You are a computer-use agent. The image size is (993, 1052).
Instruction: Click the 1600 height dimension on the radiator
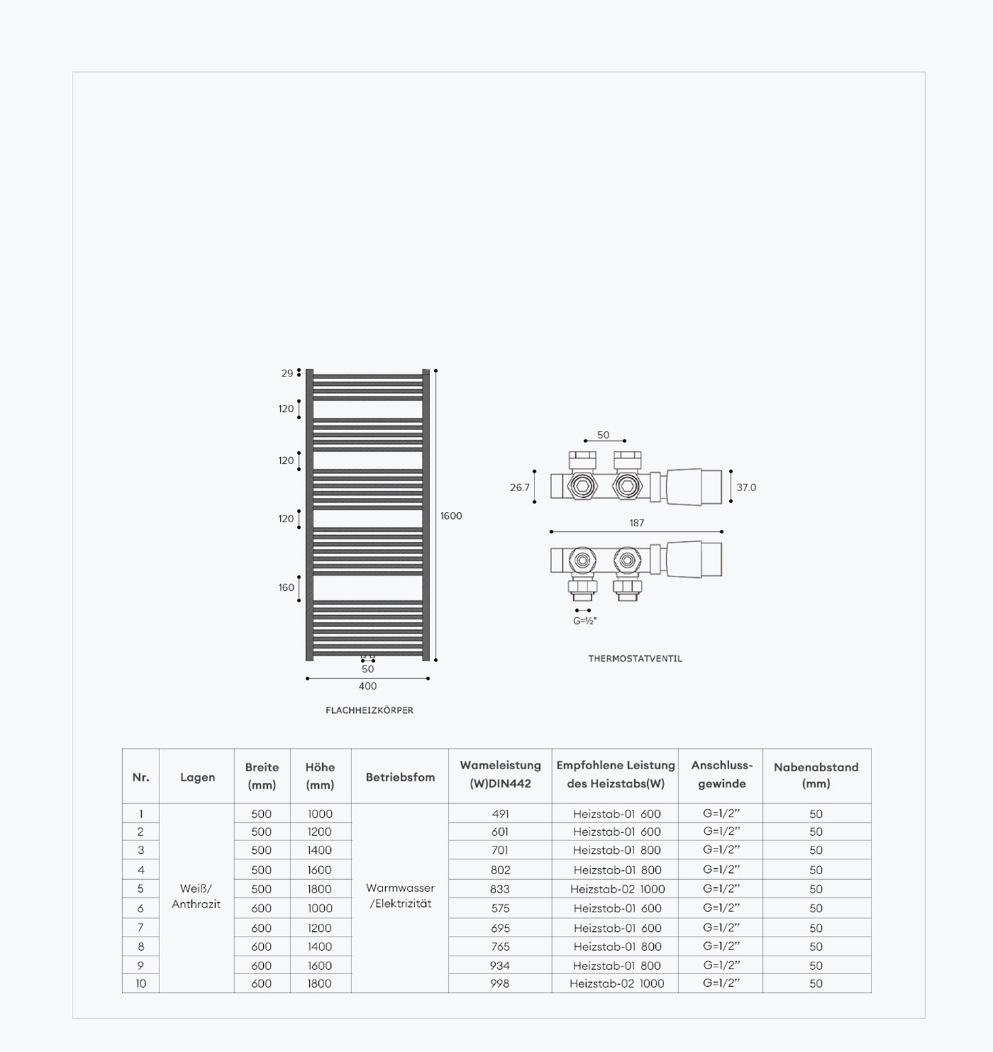tap(451, 516)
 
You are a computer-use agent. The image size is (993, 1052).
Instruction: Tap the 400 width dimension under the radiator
tap(368, 686)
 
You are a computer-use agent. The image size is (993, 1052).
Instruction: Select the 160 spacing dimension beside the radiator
tap(286, 588)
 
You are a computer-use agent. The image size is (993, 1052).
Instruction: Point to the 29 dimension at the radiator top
tap(288, 374)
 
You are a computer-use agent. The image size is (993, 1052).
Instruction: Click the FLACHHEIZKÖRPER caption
tap(370, 711)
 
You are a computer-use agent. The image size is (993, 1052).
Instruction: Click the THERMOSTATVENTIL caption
tap(636, 659)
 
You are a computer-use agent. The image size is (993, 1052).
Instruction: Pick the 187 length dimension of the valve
tap(636, 523)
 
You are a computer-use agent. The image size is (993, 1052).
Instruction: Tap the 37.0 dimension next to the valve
tap(746, 488)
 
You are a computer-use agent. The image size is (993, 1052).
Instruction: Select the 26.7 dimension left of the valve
tap(520, 488)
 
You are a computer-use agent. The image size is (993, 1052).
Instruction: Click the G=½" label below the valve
tap(585, 621)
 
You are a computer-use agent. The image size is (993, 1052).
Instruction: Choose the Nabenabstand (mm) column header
tap(816, 775)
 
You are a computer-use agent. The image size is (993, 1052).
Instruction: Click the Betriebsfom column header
tap(400, 777)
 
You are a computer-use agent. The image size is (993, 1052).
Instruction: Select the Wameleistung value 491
tap(501, 814)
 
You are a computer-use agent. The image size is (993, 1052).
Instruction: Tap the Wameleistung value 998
tap(500, 983)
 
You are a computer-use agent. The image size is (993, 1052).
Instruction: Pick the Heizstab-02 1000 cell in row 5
tap(617, 889)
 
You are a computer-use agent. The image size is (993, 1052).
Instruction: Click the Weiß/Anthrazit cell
tap(196, 896)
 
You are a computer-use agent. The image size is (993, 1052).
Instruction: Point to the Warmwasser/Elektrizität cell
tap(400, 896)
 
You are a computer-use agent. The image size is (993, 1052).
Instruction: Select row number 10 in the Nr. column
tap(140, 983)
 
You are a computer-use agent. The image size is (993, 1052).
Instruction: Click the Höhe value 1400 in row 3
tap(319, 851)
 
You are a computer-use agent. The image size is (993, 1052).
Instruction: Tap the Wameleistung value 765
tap(500, 947)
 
